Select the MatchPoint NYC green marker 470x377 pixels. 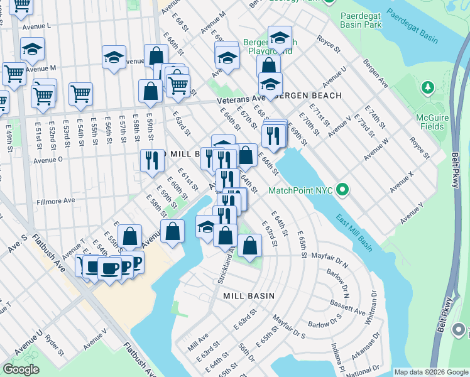tap(342, 189)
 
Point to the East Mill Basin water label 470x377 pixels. tap(353, 233)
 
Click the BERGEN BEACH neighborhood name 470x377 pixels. tap(308, 96)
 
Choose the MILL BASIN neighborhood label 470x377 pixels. tap(249, 295)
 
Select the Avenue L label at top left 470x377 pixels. tap(36, 26)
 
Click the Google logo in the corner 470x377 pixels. tap(21, 369)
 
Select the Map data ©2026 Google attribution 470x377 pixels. tap(430, 372)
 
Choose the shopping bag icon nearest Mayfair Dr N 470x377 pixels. tap(249, 246)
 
